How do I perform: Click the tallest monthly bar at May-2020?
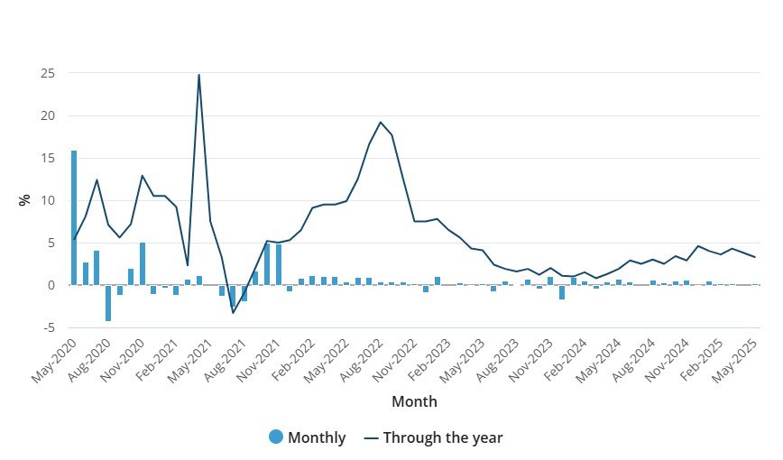tap(74, 216)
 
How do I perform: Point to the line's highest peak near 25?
tap(198, 75)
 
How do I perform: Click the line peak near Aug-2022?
tap(381, 122)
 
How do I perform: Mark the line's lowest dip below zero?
tap(233, 312)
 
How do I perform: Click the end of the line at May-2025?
tap(755, 257)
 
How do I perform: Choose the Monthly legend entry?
tap(307, 437)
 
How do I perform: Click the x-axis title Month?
tap(414, 400)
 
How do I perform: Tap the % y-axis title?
tap(24, 199)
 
